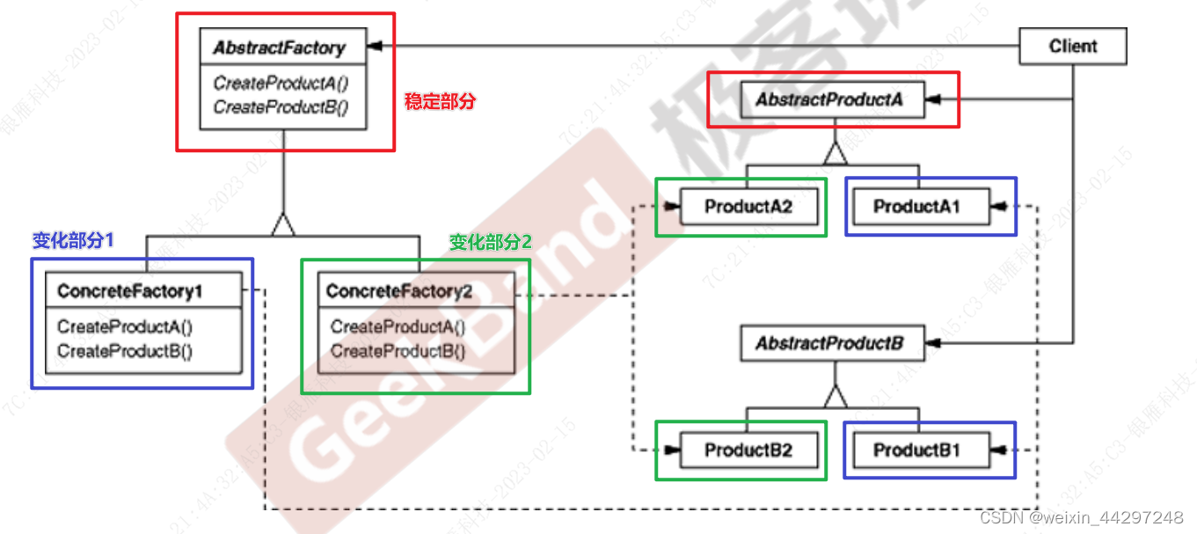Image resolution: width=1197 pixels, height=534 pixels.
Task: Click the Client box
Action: [x=1073, y=47]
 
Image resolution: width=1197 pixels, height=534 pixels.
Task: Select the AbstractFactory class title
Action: [x=280, y=48]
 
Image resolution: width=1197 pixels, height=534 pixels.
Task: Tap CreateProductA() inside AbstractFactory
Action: [x=281, y=84]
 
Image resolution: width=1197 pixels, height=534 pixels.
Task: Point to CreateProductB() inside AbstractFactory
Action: [x=281, y=107]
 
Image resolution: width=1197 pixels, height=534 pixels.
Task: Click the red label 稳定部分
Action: [x=440, y=101]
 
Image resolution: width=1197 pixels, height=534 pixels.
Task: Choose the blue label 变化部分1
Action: [x=74, y=240]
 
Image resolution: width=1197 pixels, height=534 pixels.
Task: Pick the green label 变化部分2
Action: [x=491, y=242]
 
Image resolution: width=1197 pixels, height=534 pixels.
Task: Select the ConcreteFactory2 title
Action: [x=399, y=291]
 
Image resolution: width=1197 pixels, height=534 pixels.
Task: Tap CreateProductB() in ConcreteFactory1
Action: [x=125, y=351]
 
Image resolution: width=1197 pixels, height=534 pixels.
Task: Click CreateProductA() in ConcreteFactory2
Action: [x=398, y=327]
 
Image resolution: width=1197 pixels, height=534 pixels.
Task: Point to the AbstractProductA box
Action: [x=829, y=100]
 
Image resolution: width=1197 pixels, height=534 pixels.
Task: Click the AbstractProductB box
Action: [x=829, y=343]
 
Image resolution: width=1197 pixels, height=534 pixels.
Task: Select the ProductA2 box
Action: [x=748, y=208]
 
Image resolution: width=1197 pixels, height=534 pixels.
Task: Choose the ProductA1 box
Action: [x=917, y=208]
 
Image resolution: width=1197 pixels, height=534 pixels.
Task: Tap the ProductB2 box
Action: [x=748, y=451]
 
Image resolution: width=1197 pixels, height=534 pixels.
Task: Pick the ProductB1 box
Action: [x=917, y=451]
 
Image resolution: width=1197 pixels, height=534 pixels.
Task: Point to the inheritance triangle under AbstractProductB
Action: [x=835, y=397]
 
